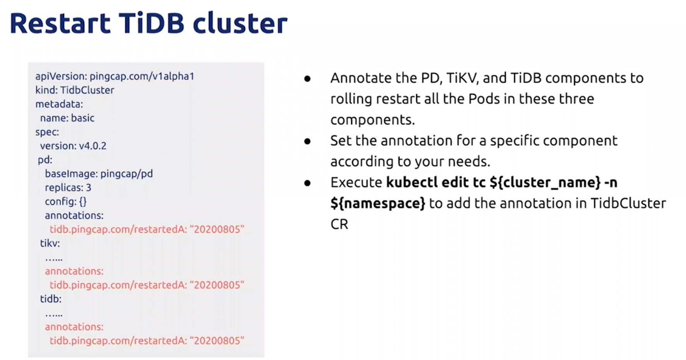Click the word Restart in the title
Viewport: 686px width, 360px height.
pyautogui.click(x=60, y=23)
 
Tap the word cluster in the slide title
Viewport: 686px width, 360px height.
pyautogui.click(x=240, y=23)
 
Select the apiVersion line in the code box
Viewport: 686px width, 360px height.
pyautogui.click(x=115, y=77)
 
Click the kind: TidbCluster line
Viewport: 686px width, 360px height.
pyautogui.click(x=75, y=90)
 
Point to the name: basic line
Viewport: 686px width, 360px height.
pyautogui.click(x=67, y=118)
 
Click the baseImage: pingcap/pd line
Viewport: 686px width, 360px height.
pyautogui.click(x=99, y=174)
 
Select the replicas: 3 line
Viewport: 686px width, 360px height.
pyautogui.click(x=68, y=188)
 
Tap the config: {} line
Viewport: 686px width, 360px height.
pyautogui.click(x=66, y=201)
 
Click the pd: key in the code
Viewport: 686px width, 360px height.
pyautogui.click(x=45, y=160)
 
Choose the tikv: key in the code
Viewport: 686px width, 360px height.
pyautogui.click(x=50, y=243)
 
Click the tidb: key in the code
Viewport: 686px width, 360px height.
pyautogui.click(x=51, y=299)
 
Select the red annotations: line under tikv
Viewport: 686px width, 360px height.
pyautogui.click(x=74, y=271)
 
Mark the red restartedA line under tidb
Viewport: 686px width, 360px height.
pyautogui.click(x=147, y=341)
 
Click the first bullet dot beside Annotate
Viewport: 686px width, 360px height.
pyautogui.click(x=308, y=79)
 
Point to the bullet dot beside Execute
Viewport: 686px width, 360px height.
pyautogui.click(x=308, y=183)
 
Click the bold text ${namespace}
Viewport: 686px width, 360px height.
pyautogui.click(x=378, y=203)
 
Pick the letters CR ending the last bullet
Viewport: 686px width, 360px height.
pyautogui.click(x=339, y=224)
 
